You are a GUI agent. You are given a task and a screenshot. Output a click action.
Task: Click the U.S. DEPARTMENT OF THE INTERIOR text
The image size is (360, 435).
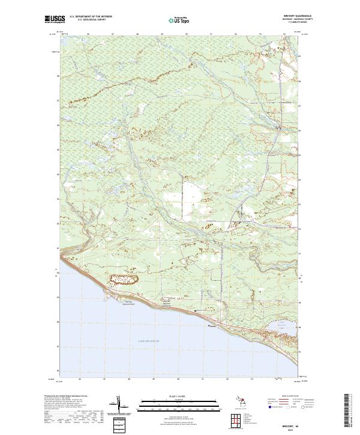pyautogui.click(x=91, y=17)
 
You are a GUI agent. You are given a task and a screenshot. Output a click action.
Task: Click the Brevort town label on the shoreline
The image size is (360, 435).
pyautogui.click(x=211, y=326)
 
